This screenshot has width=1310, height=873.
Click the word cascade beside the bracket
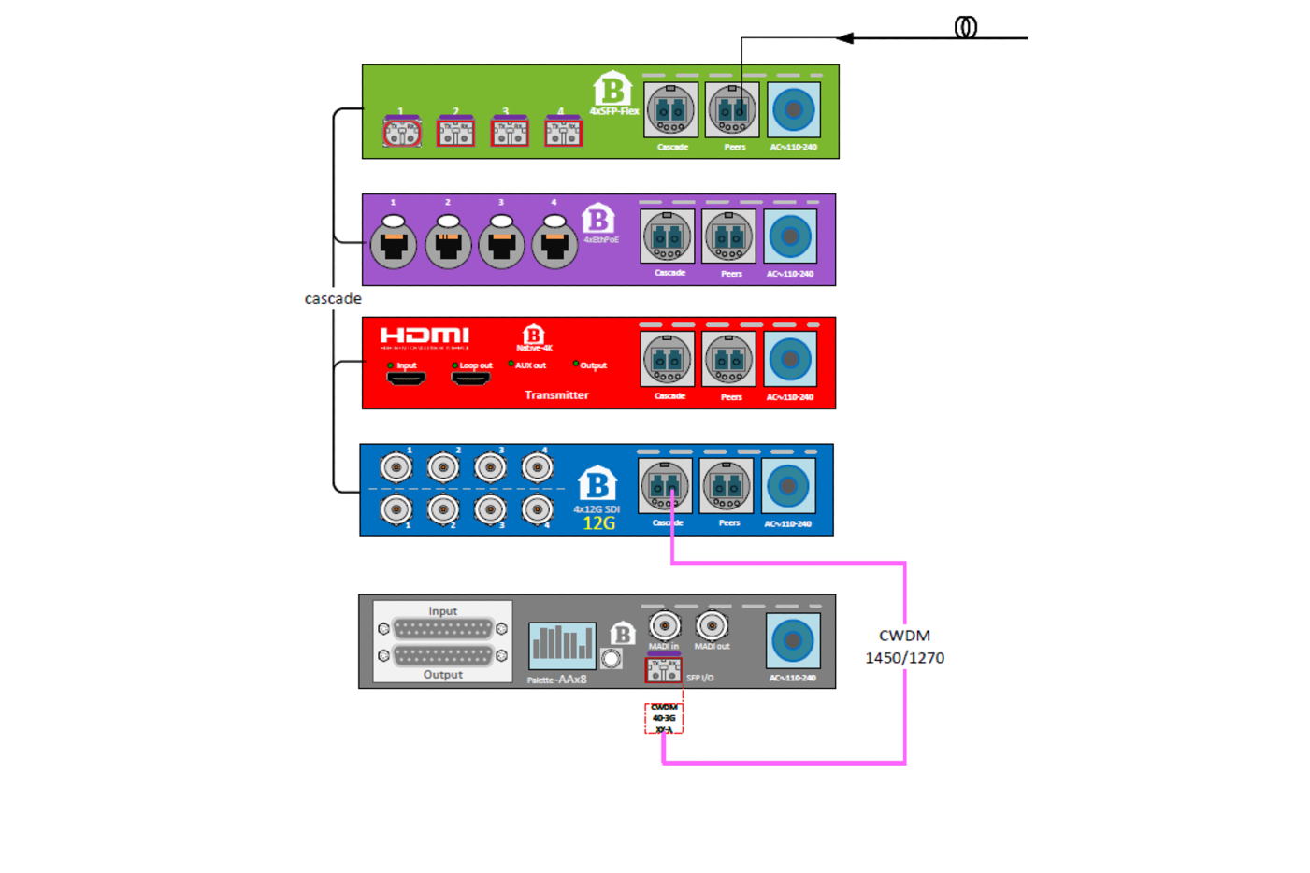pyautogui.click(x=332, y=298)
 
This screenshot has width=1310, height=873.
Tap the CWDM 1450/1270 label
pyautogui.click(x=904, y=646)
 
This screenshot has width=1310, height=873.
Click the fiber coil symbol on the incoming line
pyautogui.click(x=966, y=27)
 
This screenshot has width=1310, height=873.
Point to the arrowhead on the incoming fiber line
pyautogui.click(x=845, y=38)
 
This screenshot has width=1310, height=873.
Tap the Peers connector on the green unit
pyautogui.click(x=732, y=110)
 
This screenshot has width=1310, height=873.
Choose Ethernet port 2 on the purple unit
pyautogui.click(x=448, y=242)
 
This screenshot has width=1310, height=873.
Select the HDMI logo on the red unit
pyautogui.click(x=425, y=336)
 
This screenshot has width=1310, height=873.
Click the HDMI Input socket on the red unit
pyautogui.click(x=406, y=378)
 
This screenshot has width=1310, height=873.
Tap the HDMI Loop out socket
pyautogui.click(x=470, y=378)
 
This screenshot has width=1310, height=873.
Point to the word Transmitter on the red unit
pyautogui.click(x=556, y=395)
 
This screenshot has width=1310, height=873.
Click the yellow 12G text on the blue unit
pyautogui.click(x=598, y=523)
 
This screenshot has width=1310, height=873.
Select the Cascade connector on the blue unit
pyautogui.click(x=665, y=486)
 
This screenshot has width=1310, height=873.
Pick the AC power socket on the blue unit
pyautogui.click(x=788, y=486)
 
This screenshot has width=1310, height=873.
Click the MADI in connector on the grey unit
pyautogui.click(x=664, y=625)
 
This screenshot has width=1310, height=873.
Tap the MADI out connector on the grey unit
pyautogui.click(x=712, y=625)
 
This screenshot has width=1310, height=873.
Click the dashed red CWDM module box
pyautogui.click(x=664, y=718)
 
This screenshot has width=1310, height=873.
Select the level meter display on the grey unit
pyautogui.click(x=562, y=645)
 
